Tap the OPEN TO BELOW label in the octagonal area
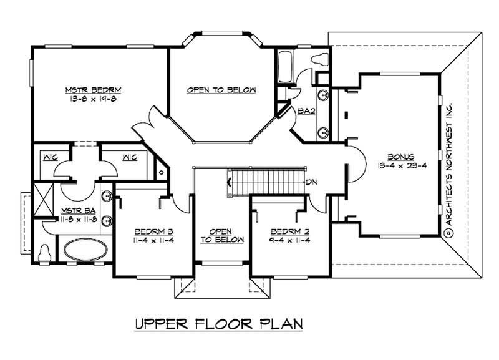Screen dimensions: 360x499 (x=221, y=90)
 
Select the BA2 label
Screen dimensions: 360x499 (x=305, y=112)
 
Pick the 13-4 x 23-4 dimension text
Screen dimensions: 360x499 (x=400, y=165)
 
